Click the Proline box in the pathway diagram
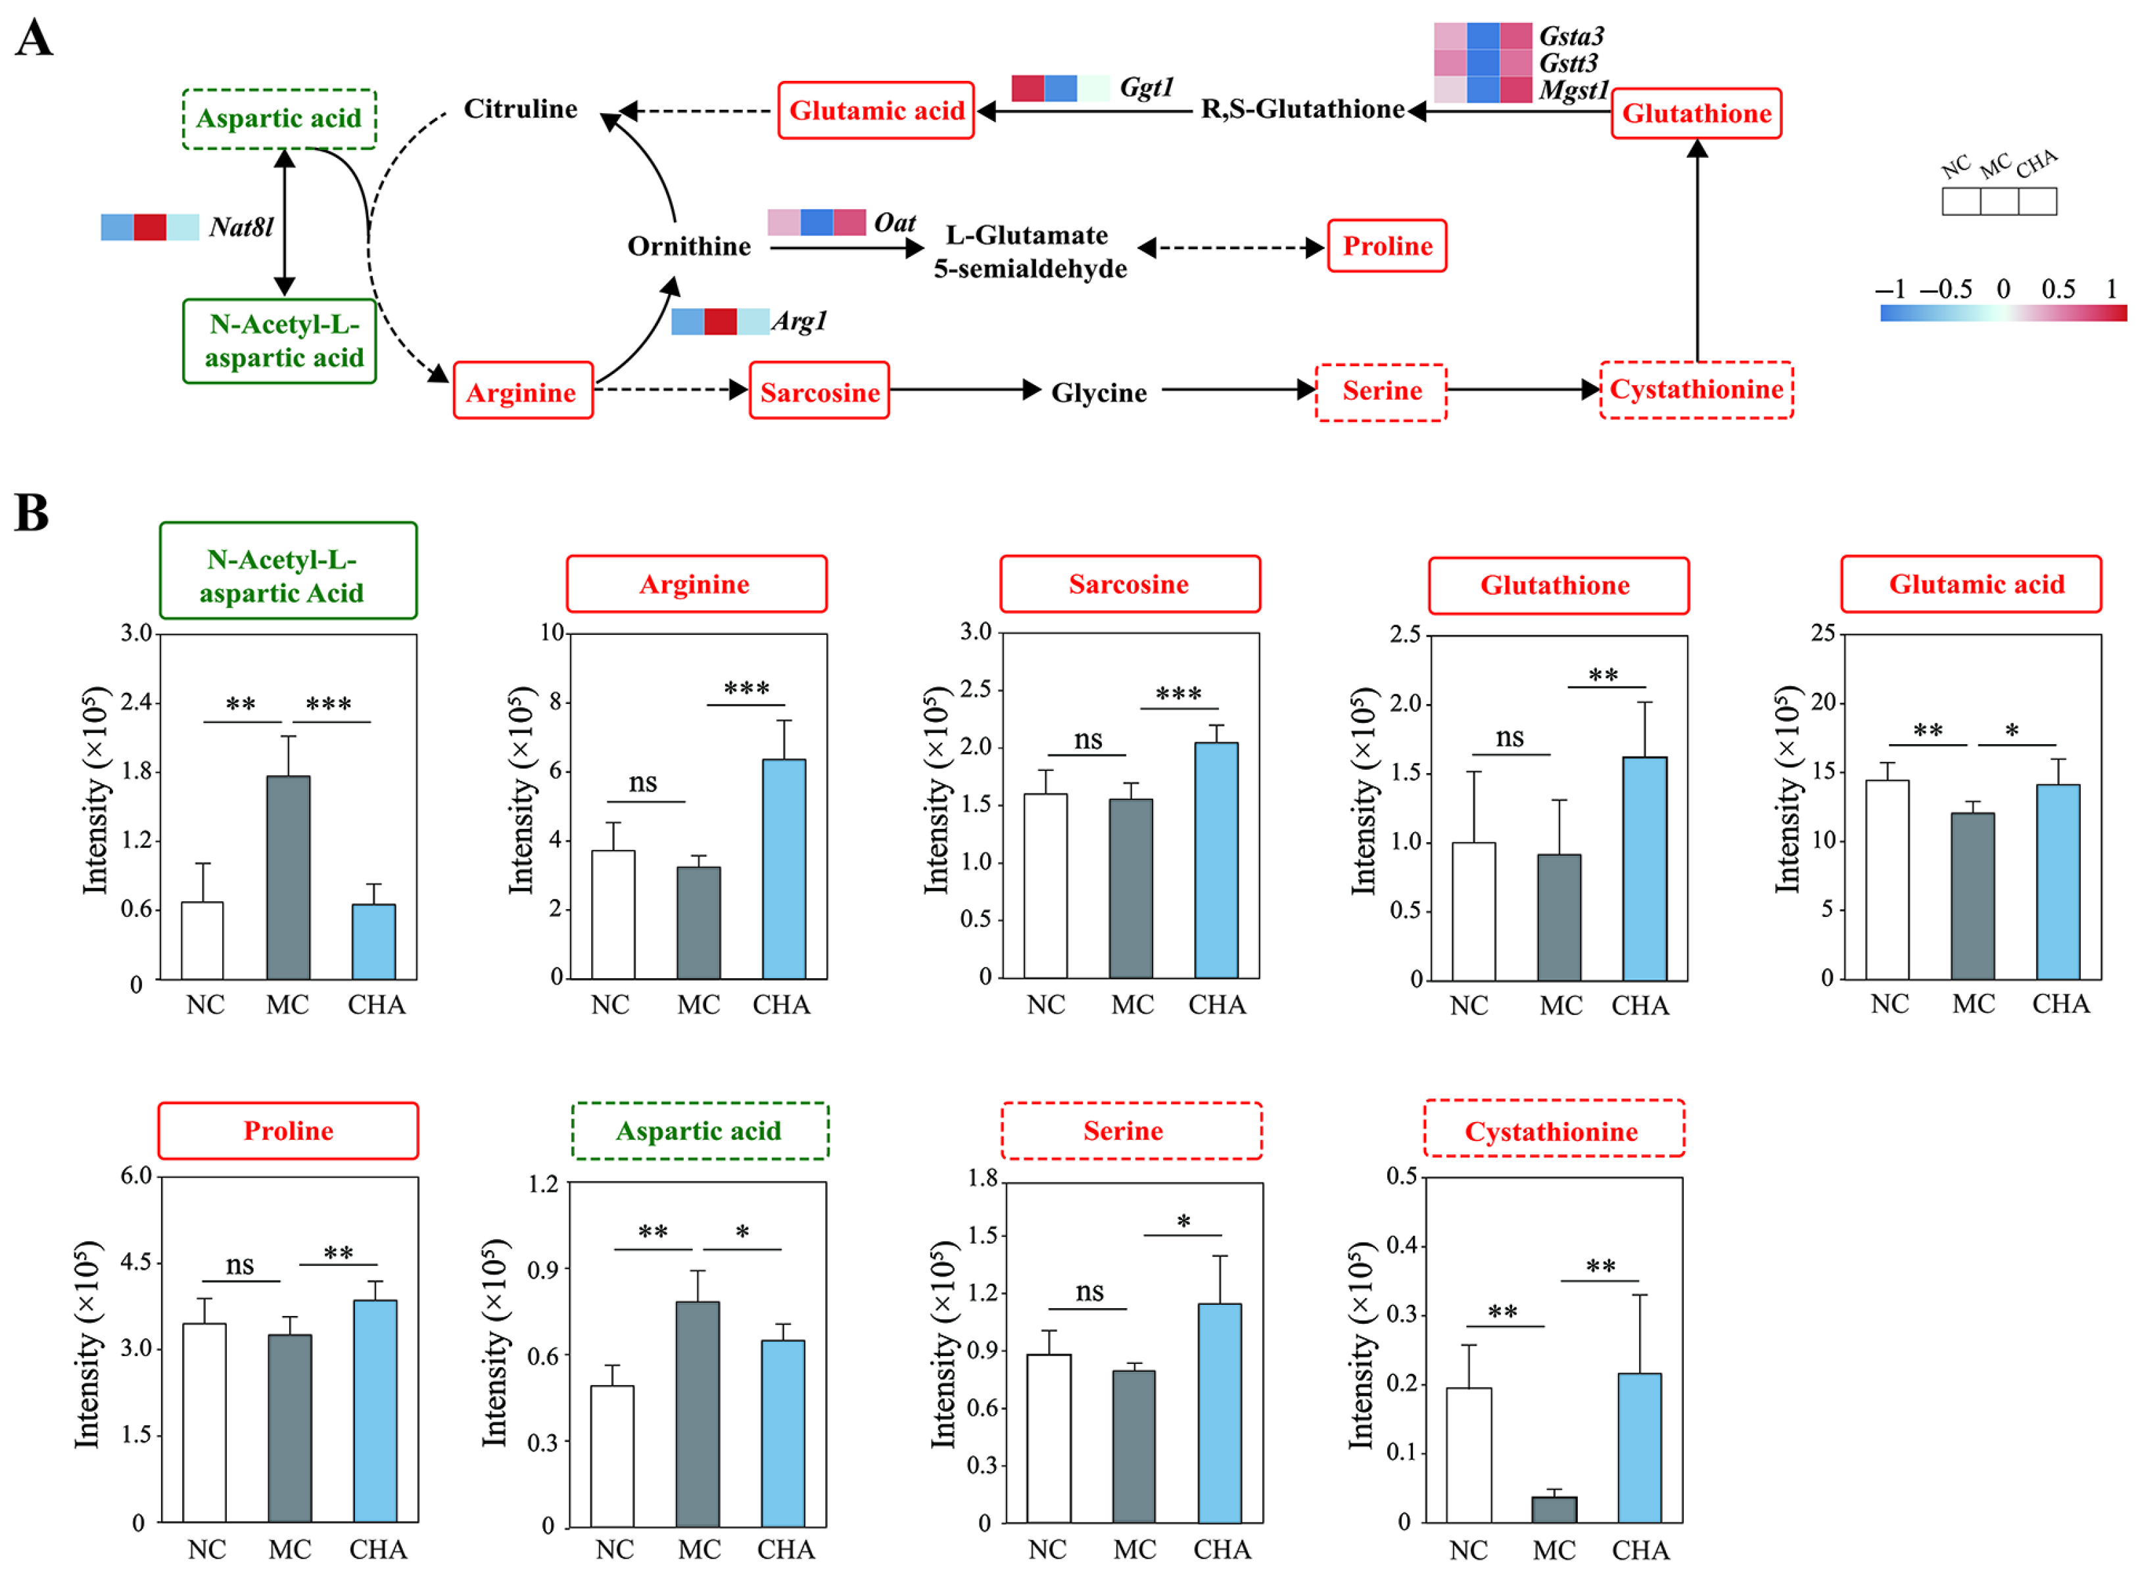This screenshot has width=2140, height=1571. (x=1387, y=246)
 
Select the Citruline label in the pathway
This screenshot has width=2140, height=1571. (x=520, y=109)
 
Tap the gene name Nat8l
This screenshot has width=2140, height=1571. (x=241, y=227)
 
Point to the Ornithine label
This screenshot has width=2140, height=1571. (x=688, y=246)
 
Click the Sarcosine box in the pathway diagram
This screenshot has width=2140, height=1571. (x=819, y=392)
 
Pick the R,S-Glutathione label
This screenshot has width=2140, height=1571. (x=1302, y=109)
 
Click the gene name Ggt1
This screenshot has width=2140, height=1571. (x=1146, y=87)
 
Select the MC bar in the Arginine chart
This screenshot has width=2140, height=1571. (x=698, y=922)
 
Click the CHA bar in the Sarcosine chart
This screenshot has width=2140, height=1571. (x=1216, y=860)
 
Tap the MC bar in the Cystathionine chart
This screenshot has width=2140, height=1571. (x=1553, y=1509)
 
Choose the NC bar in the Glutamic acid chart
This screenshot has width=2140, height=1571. (x=1886, y=879)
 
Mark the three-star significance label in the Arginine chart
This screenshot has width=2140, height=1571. (x=747, y=688)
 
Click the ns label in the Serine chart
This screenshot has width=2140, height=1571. (x=1089, y=1292)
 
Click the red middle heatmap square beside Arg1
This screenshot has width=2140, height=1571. (x=720, y=321)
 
